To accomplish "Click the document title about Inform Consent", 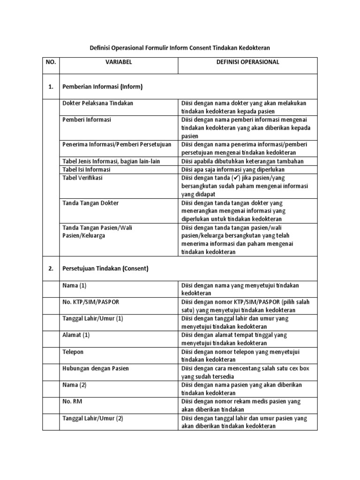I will click(180, 47).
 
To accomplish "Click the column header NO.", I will click(50, 62).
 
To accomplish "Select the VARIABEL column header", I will click(119, 62).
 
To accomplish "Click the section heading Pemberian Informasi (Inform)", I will click(102, 87).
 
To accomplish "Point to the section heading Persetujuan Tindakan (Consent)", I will click(105, 269).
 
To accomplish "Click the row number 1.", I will click(50, 87).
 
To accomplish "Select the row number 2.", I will click(50, 269).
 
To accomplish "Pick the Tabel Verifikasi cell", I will click(82, 178).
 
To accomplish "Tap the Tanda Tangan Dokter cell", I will click(90, 203).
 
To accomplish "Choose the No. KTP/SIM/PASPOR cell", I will click(90, 301).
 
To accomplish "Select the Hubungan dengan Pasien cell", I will click(95, 368).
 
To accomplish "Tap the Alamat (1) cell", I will click(76, 335).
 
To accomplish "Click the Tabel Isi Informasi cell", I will click(86, 169).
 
